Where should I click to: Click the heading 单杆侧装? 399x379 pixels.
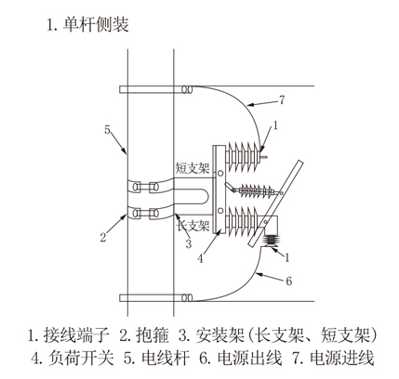click(96, 25)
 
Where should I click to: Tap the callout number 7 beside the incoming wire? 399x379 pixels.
click(282, 100)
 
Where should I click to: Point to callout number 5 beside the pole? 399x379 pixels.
click(107, 130)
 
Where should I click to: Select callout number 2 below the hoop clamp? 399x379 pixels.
click(103, 238)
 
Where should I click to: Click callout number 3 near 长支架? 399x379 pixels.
click(189, 243)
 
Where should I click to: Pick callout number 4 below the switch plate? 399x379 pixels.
click(201, 258)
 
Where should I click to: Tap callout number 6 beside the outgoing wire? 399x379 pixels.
click(289, 281)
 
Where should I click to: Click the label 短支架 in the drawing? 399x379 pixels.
click(193, 167)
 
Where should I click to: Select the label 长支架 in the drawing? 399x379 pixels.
click(193, 225)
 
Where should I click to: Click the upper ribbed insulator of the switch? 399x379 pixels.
click(243, 156)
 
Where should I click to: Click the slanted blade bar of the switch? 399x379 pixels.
click(276, 203)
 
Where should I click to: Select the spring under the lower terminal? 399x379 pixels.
click(271, 240)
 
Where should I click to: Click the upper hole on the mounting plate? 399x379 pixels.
click(220, 174)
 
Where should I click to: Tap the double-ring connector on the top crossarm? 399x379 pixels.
click(187, 90)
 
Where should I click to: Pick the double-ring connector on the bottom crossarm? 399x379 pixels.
click(187, 298)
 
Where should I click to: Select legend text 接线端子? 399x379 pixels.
click(76, 335)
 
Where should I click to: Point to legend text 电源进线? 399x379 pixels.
click(342, 359)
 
